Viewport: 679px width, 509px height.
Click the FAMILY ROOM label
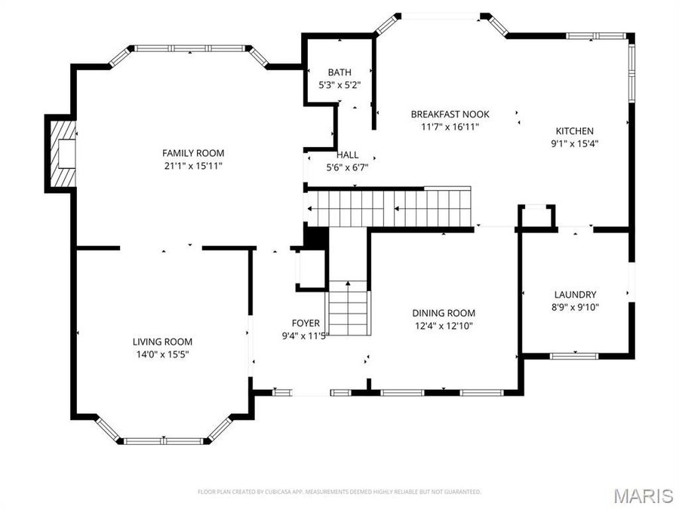[193, 153]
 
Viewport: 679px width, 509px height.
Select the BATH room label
[339, 72]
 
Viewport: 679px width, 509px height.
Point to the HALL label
[347, 155]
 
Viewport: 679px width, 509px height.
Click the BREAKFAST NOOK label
[450, 114]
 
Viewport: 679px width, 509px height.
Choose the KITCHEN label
[575, 130]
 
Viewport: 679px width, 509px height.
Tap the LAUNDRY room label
[575, 294]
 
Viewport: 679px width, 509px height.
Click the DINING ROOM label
[444, 313]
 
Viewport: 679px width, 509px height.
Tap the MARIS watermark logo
[643, 495]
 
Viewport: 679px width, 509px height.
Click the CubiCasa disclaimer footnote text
[339, 492]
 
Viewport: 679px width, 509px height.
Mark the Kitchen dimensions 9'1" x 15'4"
[575, 143]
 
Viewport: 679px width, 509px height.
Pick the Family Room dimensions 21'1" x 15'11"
[193, 166]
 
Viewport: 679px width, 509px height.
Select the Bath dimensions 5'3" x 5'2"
[339, 85]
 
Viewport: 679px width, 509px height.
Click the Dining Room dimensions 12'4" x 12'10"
[444, 326]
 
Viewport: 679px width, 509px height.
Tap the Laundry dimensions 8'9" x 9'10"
[575, 307]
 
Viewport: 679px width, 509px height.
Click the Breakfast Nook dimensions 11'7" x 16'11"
[450, 127]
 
